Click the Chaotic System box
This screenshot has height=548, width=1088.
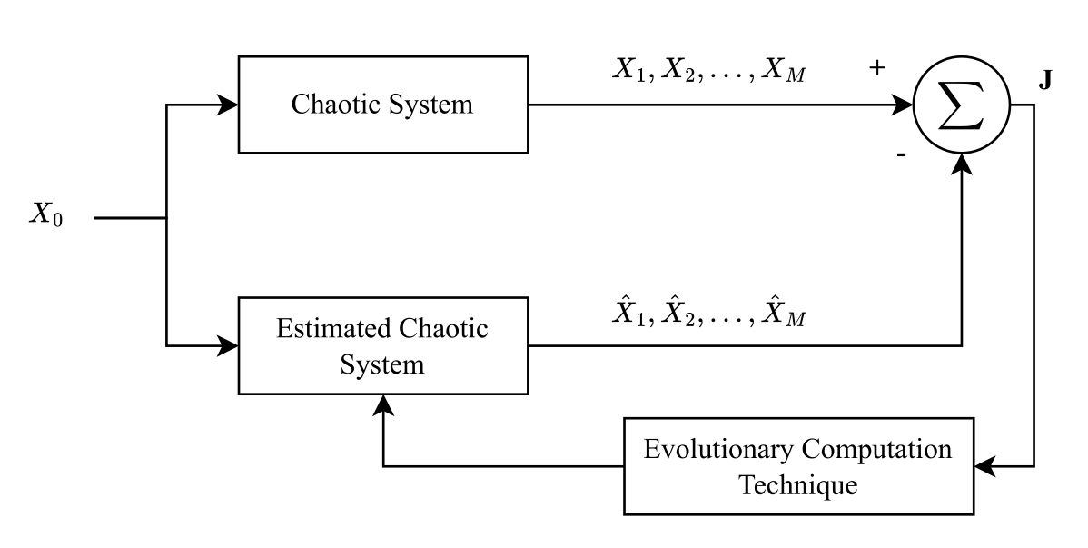[382, 105]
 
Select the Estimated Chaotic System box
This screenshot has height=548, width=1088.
[382, 345]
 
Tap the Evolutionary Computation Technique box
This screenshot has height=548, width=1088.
[798, 467]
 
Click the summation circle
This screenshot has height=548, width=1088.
[961, 105]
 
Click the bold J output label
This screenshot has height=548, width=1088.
[1046, 81]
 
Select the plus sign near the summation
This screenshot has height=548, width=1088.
[876, 68]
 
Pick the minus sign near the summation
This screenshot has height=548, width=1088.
[901, 155]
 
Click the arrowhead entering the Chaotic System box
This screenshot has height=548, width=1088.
[228, 105]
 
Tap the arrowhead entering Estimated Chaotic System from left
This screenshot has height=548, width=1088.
[228, 345]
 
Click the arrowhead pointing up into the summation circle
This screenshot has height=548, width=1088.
[961, 163]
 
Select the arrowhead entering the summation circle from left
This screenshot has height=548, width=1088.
[904, 105]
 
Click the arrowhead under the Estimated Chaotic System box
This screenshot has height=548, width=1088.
[383, 404]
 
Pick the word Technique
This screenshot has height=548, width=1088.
[797, 485]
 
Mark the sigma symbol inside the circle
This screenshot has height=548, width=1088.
[961, 105]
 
